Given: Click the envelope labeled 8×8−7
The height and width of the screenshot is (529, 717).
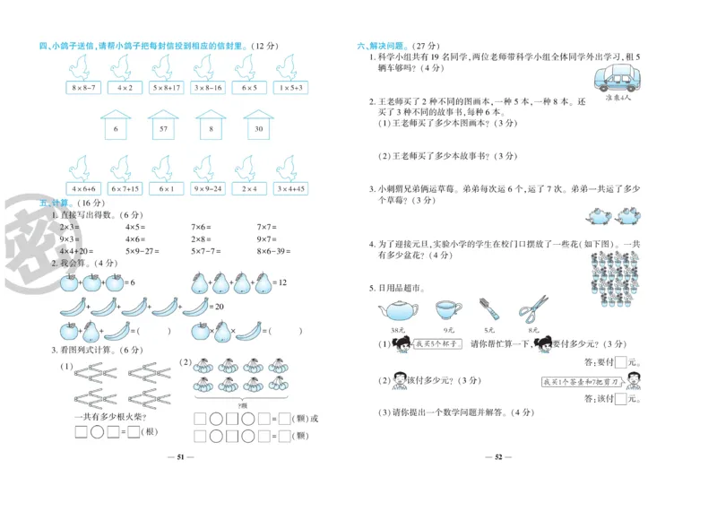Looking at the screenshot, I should [x=82, y=88].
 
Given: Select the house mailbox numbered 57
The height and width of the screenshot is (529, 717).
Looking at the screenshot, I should [x=162, y=128].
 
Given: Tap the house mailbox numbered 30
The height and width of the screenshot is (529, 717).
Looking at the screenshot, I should [x=258, y=128].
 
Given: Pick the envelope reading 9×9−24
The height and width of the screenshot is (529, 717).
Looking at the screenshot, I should [x=208, y=189].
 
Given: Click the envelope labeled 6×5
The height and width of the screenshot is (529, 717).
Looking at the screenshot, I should [x=248, y=88].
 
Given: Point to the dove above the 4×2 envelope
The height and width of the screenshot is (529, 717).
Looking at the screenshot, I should [x=124, y=66].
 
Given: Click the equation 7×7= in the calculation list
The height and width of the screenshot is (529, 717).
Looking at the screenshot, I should [x=266, y=227].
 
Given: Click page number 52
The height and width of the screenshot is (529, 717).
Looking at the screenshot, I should [x=500, y=457].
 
